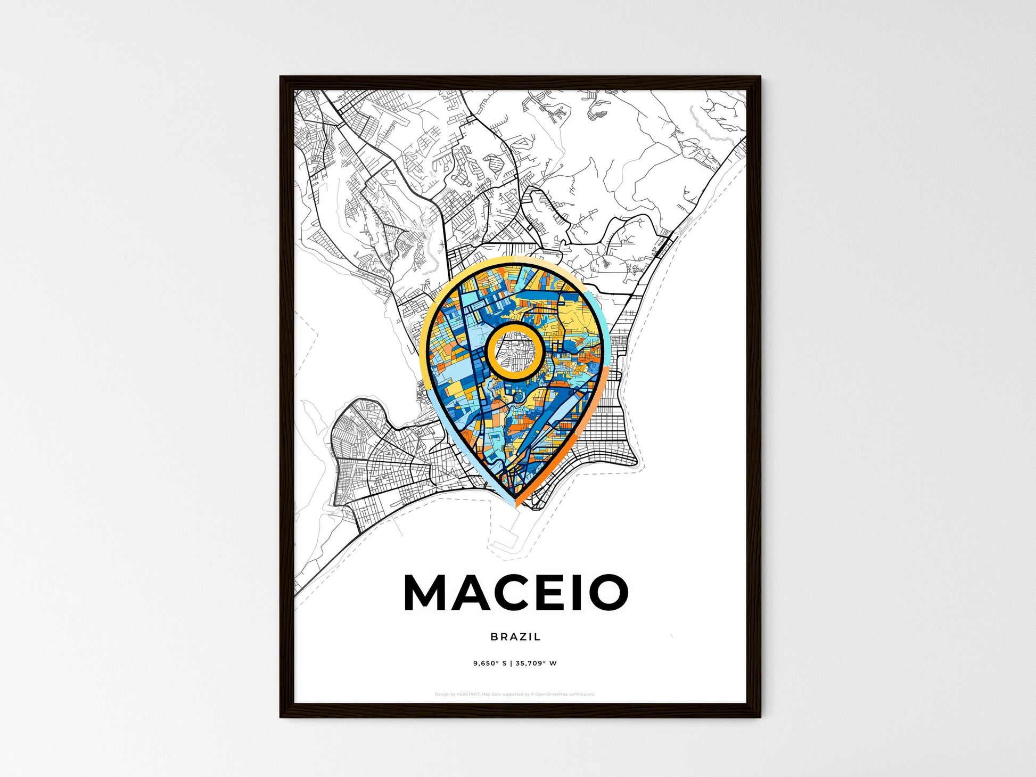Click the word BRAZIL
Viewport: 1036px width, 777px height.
click(x=515, y=636)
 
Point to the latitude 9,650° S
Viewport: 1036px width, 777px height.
click(x=490, y=664)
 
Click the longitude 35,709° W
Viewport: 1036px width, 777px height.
click(x=536, y=664)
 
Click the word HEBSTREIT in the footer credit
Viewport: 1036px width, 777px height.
click(x=468, y=694)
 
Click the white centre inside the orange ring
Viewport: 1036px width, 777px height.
click(x=515, y=352)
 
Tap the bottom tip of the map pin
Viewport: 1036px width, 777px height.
click(x=515, y=506)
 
